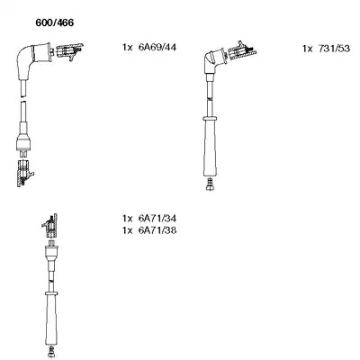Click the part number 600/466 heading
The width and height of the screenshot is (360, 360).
coord(54,22)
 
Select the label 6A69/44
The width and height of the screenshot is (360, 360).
coord(157,47)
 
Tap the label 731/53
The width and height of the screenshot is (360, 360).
coord(334,49)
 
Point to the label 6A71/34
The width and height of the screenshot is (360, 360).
coord(157,218)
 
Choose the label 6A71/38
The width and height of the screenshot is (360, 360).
coord(157,230)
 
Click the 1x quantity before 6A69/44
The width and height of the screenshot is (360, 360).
coord(127,48)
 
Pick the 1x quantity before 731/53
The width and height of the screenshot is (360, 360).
coord(308,49)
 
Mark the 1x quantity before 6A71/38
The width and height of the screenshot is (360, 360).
coord(127,230)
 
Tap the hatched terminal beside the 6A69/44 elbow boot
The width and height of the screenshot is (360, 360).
coord(69,50)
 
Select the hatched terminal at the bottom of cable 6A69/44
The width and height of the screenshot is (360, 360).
coord(24,174)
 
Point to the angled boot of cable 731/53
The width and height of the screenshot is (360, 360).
coord(214,60)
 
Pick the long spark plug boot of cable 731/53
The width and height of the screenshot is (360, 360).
coord(210,147)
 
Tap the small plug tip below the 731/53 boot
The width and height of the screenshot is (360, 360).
coord(210,184)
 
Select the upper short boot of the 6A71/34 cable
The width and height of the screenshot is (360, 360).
coord(51,255)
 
